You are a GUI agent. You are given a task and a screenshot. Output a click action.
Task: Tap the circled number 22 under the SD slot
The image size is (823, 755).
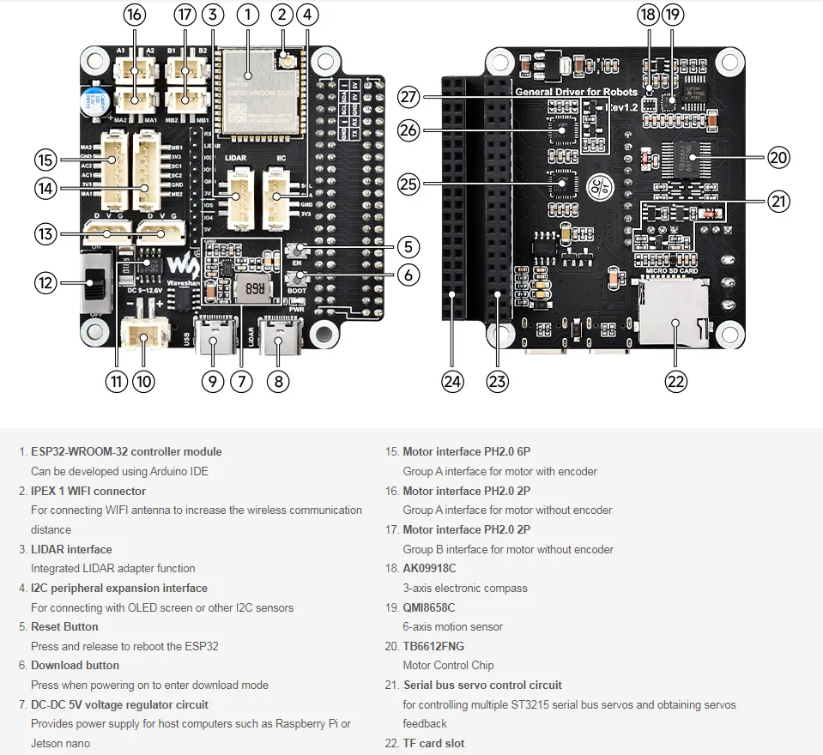(x=676, y=381)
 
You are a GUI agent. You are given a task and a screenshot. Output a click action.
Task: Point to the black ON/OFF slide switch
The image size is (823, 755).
(x=93, y=282)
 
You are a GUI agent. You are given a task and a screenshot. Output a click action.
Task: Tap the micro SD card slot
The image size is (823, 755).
(x=675, y=317)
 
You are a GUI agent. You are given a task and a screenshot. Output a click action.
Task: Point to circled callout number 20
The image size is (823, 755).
(x=778, y=157)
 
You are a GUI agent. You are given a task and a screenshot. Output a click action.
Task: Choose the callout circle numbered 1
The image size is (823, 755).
(x=246, y=14)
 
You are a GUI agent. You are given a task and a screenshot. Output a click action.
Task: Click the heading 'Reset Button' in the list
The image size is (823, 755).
(x=64, y=626)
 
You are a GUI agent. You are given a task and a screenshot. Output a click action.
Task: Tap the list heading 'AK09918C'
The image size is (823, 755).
(x=429, y=568)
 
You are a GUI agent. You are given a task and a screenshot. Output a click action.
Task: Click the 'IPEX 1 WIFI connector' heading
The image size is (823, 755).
(x=88, y=491)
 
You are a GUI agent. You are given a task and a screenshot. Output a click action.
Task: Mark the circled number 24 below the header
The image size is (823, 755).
(x=452, y=381)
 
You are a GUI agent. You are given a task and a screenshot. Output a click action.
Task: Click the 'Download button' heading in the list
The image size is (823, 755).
(x=75, y=665)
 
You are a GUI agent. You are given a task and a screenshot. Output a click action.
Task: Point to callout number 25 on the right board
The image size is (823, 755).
(x=408, y=183)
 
